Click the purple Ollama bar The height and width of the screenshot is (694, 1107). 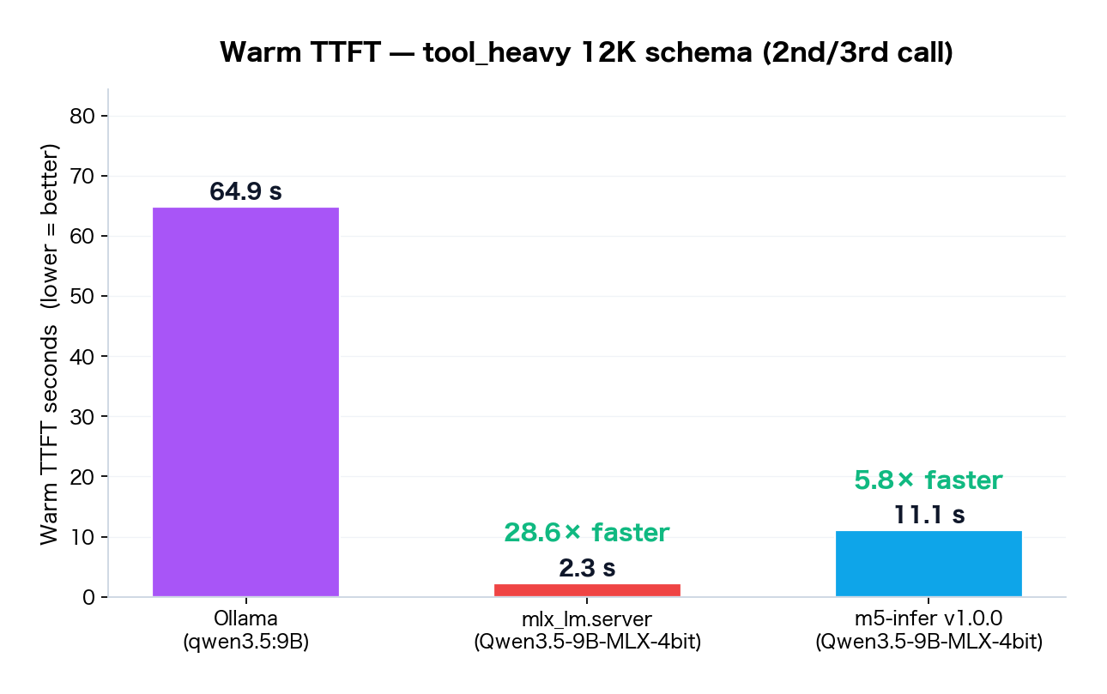pos(245,401)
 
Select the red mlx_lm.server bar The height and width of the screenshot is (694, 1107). pos(587,590)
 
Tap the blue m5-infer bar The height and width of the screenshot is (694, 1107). pos(929,564)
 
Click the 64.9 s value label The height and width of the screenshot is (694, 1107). pos(245,192)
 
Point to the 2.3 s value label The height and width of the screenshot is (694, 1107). pos(587,568)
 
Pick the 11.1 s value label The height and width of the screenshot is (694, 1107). pos(929,516)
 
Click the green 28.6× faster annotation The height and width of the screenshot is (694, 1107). pos(587,533)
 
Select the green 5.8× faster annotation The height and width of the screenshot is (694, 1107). pos(929,480)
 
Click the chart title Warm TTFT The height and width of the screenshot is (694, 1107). pos(587,52)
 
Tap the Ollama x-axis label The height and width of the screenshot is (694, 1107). pos(245,619)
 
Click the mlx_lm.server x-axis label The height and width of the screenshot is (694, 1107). pos(587,619)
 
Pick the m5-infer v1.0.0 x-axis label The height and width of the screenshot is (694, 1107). pos(929,619)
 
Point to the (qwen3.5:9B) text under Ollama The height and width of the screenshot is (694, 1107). pos(245,641)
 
